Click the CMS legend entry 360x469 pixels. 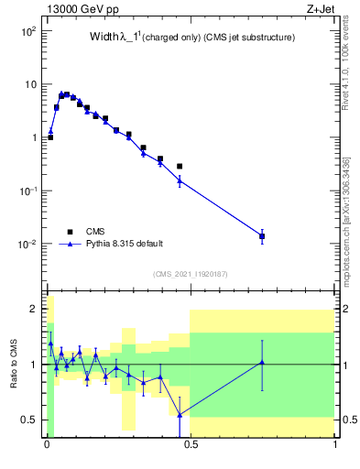[94, 231]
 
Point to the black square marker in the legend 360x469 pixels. [70, 231]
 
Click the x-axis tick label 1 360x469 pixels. [335, 448]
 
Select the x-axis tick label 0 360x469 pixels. [46, 448]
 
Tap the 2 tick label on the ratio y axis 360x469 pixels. [33, 310]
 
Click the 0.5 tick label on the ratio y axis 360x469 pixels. [29, 420]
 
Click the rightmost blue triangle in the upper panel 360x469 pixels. [262, 236]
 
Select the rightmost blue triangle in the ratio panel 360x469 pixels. [262, 362]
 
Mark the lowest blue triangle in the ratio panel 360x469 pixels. [180, 414]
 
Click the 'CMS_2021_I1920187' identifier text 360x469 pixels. [190, 273]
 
